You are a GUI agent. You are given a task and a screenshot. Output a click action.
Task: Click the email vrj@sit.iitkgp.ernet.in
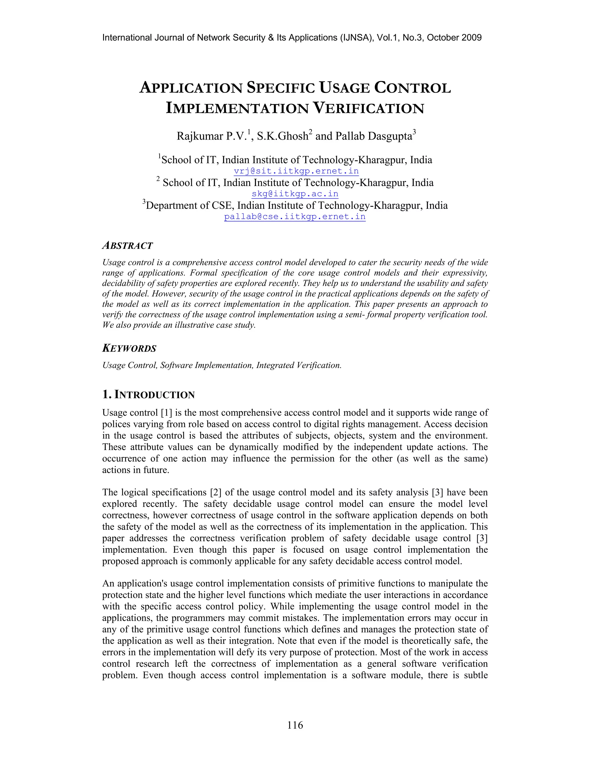click(296, 171)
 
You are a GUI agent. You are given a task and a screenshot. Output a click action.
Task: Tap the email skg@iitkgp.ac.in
click(295, 193)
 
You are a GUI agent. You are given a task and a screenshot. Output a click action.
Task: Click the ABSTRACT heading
click(128, 246)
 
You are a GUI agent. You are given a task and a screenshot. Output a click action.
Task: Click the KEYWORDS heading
click(129, 348)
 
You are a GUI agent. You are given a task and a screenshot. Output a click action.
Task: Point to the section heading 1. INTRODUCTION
click(149, 395)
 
